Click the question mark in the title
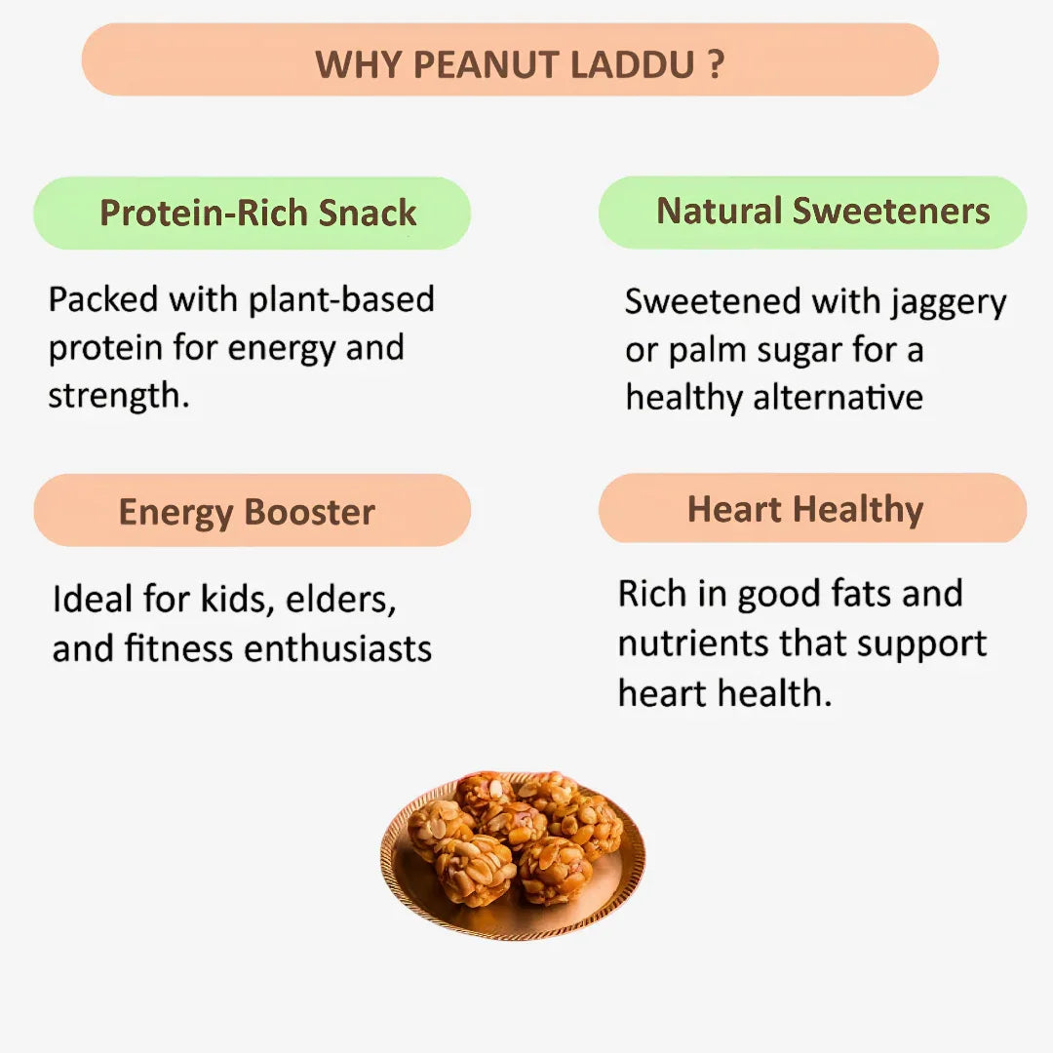click(x=716, y=65)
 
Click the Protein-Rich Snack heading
click(x=258, y=213)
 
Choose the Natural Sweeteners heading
click(x=823, y=211)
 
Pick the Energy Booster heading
click(x=247, y=512)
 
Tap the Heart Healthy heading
click(x=805, y=509)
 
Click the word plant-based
click(x=341, y=299)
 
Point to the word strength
click(x=118, y=397)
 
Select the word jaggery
click(x=948, y=303)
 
